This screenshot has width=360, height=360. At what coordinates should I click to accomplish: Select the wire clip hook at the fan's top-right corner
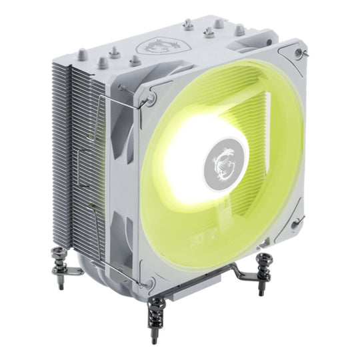click(x=304, y=53)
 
